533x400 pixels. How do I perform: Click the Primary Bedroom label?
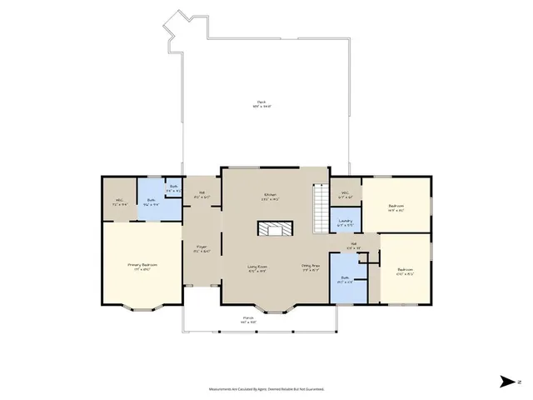(x=142, y=267)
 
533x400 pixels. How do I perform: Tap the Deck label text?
(x=262, y=104)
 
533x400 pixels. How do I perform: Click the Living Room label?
(x=257, y=268)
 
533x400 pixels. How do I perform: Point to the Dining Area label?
(x=311, y=268)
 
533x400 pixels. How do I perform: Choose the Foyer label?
(x=202, y=248)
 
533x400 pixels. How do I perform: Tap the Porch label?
(x=248, y=319)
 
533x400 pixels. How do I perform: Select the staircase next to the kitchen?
(x=320, y=208)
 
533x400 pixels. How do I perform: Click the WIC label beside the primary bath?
(x=119, y=202)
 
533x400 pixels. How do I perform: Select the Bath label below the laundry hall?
(x=345, y=280)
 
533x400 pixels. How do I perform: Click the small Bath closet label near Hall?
(x=172, y=190)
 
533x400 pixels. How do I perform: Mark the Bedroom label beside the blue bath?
(x=405, y=271)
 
